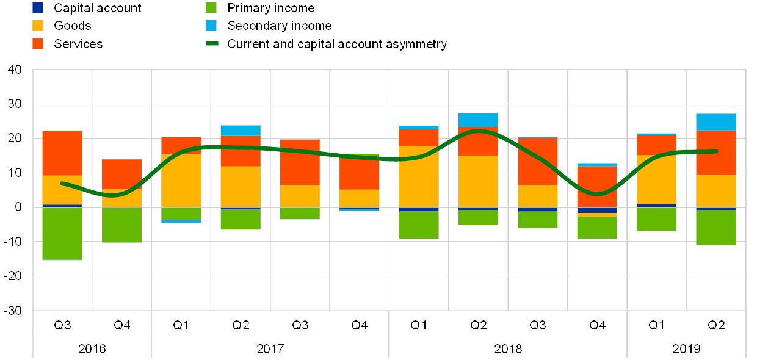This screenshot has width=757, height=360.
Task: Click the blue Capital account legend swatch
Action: (x=38, y=8)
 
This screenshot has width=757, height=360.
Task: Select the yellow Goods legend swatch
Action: (x=38, y=26)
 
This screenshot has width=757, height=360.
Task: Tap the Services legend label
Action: (x=78, y=44)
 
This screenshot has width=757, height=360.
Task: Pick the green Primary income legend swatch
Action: (x=211, y=8)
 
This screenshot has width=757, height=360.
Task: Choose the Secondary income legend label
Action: (x=280, y=26)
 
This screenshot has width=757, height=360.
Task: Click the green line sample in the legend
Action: (x=211, y=44)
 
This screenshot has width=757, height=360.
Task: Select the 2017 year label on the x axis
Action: (x=270, y=348)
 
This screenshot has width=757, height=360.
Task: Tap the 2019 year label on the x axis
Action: (x=686, y=348)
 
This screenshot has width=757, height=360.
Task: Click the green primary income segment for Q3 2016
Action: (x=62, y=234)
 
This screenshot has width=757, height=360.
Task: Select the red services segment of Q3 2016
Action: (x=62, y=153)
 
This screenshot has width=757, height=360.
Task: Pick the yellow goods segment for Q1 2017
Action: (x=181, y=181)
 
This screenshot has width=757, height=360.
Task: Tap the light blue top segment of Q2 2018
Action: (x=478, y=120)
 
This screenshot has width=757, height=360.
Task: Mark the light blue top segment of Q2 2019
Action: (x=716, y=122)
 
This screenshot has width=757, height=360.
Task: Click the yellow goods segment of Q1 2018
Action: (x=419, y=177)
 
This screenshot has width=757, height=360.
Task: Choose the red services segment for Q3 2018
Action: (x=538, y=161)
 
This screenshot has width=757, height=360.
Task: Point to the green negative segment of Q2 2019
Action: (x=716, y=227)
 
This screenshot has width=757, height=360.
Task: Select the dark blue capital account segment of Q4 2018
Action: (x=597, y=211)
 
